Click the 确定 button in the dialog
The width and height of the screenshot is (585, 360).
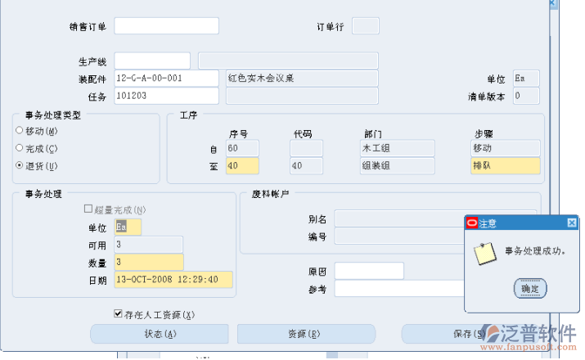[x=529, y=288]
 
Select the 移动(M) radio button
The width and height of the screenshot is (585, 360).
[x=20, y=131]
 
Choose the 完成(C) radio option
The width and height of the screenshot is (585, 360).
[x=20, y=148]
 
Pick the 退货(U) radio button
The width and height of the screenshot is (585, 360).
[x=20, y=165]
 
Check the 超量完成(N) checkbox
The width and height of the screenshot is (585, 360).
[x=89, y=209]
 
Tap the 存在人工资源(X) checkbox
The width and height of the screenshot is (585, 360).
[x=119, y=314]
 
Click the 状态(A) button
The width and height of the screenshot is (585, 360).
[x=160, y=334]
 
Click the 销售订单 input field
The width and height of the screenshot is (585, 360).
[x=166, y=25]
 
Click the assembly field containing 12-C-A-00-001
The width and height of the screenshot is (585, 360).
[x=166, y=79]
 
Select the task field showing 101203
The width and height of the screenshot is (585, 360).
[x=166, y=96]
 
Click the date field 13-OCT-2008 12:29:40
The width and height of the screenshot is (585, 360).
[x=173, y=280]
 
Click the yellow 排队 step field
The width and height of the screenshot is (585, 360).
[x=505, y=165]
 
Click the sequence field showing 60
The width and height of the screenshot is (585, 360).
[x=242, y=148]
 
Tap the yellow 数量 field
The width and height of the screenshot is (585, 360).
[x=148, y=263]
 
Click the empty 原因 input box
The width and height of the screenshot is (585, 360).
[x=369, y=271]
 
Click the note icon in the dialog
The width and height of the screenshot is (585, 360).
[x=485, y=253]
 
